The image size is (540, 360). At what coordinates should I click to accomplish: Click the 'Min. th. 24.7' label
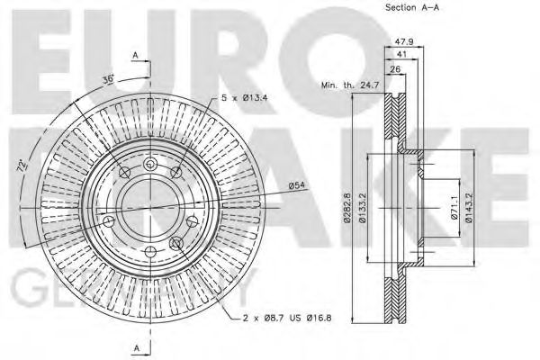[346, 85]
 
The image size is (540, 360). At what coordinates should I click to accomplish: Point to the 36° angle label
[109, 79]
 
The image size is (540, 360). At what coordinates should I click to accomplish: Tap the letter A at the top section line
[135, 56]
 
